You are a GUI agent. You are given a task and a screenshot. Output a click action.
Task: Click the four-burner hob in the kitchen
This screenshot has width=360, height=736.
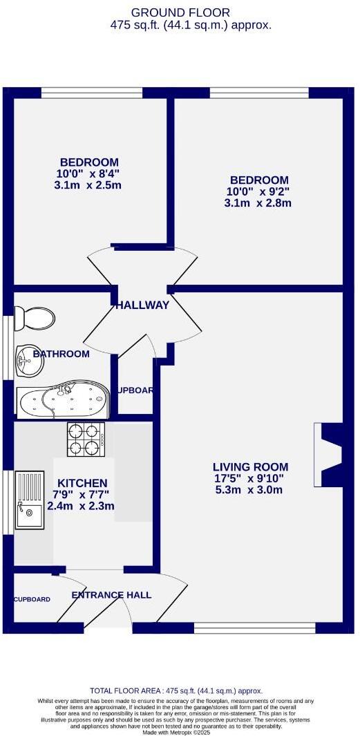(86, 440)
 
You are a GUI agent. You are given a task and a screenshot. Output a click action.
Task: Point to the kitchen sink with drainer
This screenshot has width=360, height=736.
(29, 499)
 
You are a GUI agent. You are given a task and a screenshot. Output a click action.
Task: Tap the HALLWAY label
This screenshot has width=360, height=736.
(142, 305)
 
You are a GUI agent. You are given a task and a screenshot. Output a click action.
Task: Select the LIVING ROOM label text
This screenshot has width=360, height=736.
(250, 466)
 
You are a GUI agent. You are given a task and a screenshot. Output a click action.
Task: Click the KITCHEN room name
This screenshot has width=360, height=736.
(82, 482)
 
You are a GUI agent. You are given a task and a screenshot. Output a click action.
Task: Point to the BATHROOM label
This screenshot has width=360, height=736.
(61, 354)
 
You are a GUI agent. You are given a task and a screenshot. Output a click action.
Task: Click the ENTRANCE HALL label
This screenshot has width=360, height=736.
(111, 595)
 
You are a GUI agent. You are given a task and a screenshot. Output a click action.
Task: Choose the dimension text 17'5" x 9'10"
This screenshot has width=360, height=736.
(249, 478)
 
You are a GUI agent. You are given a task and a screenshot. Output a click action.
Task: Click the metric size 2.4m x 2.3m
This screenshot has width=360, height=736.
(83, 506)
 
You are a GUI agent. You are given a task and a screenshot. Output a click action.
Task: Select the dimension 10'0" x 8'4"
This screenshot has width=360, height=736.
(88, 174)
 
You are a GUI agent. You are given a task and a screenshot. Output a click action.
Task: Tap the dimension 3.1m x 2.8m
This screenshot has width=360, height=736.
(258, 203)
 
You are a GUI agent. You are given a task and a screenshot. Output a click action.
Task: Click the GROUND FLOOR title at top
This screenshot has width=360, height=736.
(180, 12)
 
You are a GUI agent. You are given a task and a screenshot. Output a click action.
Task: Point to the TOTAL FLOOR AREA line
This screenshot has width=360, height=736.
(177, 690)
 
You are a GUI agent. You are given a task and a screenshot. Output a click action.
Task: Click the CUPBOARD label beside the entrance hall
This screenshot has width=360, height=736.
(32, 599)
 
